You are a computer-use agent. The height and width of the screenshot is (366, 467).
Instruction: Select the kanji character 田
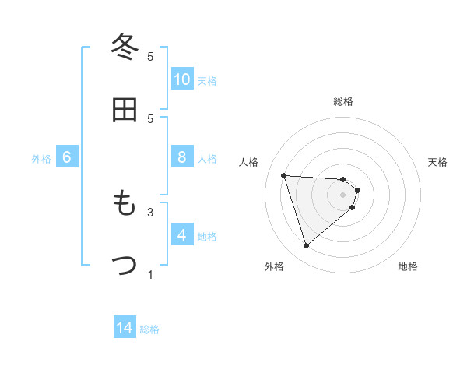point(125,111)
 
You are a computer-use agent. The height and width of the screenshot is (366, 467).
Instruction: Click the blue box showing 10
point(182,79)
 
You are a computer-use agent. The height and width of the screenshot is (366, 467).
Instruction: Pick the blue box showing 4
point(182,236)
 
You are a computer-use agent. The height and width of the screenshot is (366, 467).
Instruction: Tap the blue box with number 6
point(67,158)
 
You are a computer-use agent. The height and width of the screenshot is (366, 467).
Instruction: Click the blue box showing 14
point(125,329)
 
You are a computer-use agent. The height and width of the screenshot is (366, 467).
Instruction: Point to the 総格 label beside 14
point(149,329)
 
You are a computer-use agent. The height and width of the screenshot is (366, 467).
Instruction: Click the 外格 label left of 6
point(41,159)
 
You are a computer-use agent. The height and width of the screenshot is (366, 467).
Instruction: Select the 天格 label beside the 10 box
point(207,81)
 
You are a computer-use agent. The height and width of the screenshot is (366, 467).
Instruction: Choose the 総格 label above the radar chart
point(343,101)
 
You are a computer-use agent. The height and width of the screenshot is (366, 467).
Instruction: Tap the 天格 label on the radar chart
point(438,162)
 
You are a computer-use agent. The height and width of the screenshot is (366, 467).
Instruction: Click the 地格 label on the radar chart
point(408,266)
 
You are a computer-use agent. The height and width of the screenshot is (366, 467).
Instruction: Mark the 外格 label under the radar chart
point(274,266)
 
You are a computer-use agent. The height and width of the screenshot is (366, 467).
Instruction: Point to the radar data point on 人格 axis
point(284,175)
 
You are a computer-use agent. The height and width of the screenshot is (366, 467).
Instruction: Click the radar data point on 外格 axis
point(306,246)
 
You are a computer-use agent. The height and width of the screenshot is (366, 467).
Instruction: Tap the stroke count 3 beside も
point(151,211)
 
